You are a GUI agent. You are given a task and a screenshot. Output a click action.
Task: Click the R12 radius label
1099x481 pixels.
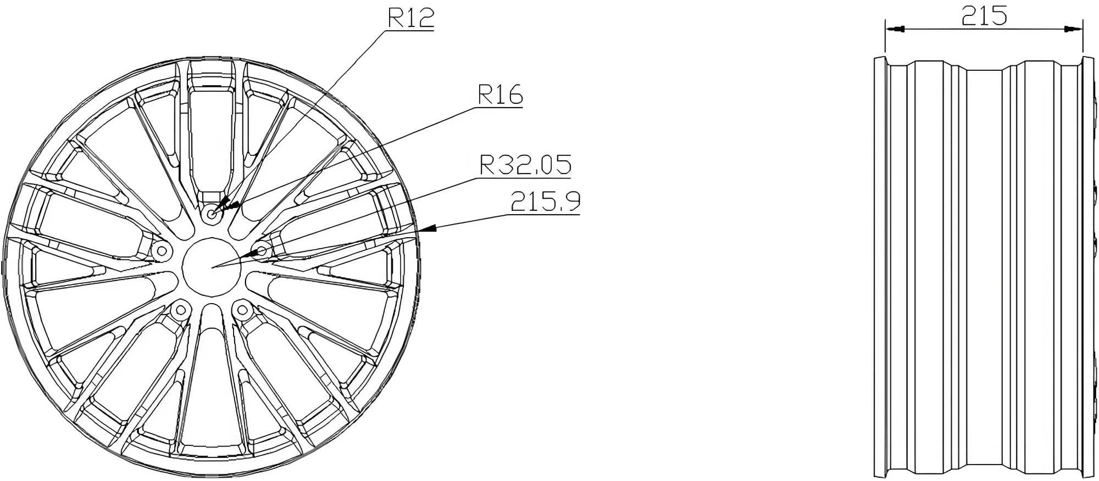click(411, 18)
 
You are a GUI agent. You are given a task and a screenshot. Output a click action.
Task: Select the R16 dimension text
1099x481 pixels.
click(501, 94)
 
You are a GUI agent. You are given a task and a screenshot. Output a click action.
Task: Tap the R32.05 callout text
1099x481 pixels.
click(525, 165)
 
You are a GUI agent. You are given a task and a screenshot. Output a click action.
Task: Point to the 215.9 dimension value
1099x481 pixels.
click(545, 202)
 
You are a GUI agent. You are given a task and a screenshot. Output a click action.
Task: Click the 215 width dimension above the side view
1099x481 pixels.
click(984, 16)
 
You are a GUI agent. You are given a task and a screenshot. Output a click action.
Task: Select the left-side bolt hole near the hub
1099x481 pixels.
click(162, 251)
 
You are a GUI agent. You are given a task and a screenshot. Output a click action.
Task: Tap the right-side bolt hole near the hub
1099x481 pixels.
click(262, 251)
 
